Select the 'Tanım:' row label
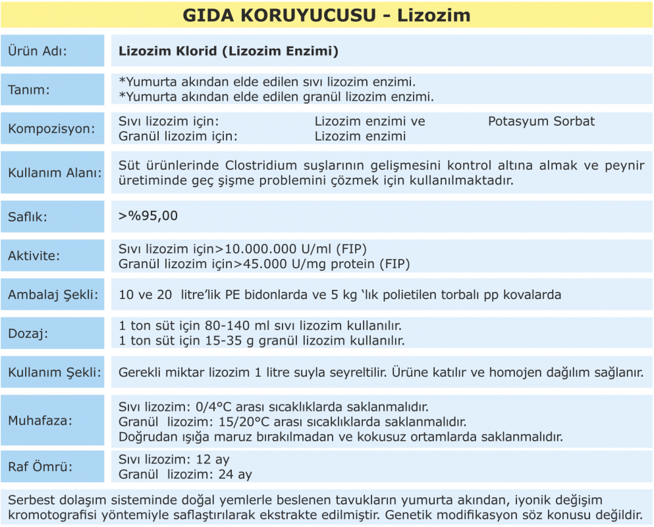pyautogui.click(x=29, y=90)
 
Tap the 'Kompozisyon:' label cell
pyautogui.click(x=51, y=128)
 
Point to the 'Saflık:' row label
pyautogui.click(x=28, y=216)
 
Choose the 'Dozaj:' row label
pyautogui.click(x=26, y=334)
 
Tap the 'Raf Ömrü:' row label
pyautogui.click(x=40, y=467)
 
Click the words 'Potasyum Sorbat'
pyautogui.click(x=541, y=121)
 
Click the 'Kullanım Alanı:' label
pyautogui.click(x=55, y=173)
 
